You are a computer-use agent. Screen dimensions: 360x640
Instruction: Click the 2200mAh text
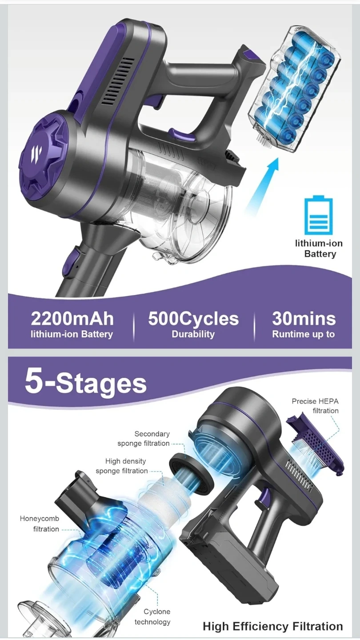pyautogui.click(x=72, y=319)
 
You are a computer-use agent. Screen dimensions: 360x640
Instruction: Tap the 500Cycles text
pyautogui.click(x=193, y=319)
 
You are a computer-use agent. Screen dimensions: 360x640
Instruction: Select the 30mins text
pyautogui.click(x=304, y=319)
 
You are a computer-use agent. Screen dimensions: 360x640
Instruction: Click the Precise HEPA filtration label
pyautogui.click(x=315, y=406)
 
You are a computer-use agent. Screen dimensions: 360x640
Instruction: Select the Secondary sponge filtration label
pyautogui.click(x=144, y=439)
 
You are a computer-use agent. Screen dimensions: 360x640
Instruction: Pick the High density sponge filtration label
pyautogui.click(x=122, y=466)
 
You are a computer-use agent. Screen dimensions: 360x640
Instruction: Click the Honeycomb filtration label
pyautogui.click(x=40, y=524)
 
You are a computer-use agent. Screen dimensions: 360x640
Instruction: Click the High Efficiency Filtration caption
pyautogui.click(x=273, y=626)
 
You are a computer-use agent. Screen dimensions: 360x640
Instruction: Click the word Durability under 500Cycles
pyautogui.click(x=193, y=334)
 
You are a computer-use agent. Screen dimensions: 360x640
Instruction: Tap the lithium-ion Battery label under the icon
pyautogui.click(x=319, y=248)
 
